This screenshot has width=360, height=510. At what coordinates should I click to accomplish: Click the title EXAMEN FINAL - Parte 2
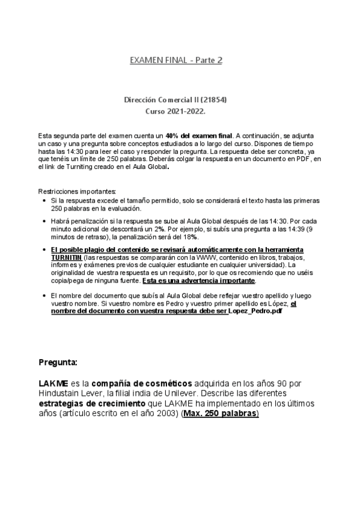point(176,60)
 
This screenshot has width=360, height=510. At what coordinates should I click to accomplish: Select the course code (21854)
point(215,99)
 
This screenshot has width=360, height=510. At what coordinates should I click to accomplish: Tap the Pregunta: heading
point(57,363)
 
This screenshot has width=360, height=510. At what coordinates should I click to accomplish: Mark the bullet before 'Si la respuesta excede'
point(44,200)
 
